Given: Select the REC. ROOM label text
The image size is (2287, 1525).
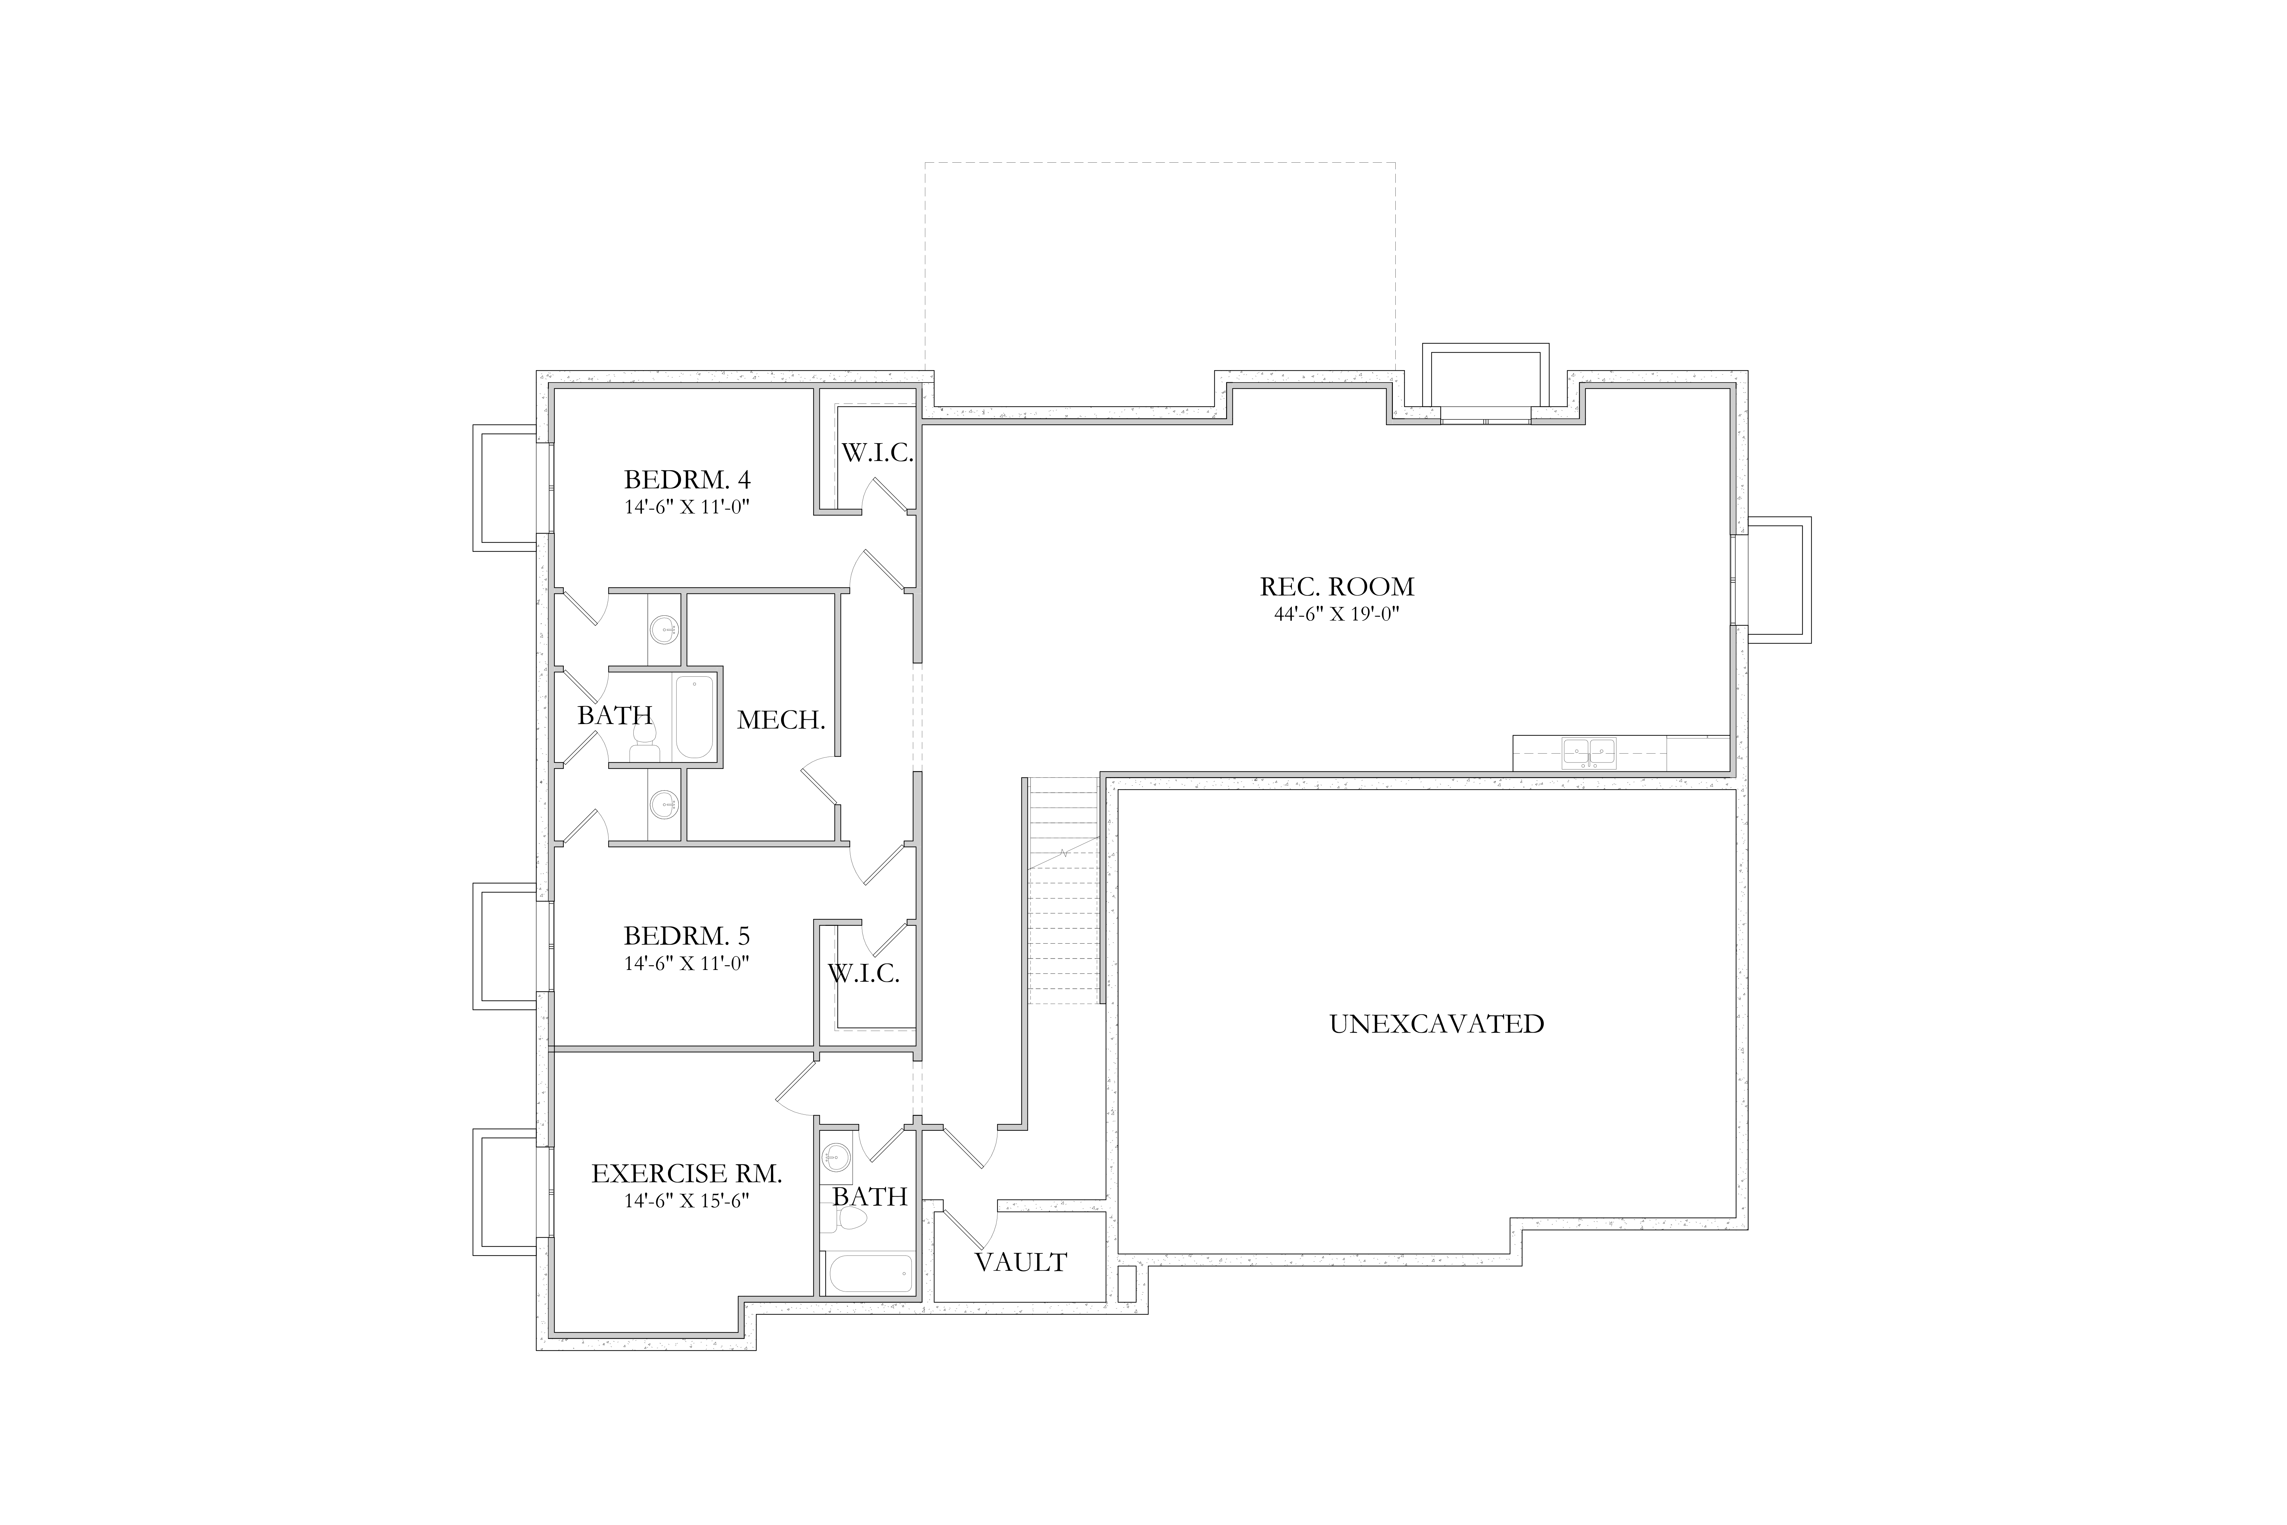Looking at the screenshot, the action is [1337, 586].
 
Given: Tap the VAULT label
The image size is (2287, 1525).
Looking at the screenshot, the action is [1021, 1262].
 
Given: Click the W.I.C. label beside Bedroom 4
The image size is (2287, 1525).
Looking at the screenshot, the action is [877, 453].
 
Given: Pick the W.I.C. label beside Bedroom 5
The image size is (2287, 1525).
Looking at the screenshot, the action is [863, 973].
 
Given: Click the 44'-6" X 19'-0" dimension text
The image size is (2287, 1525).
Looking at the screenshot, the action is [1337, 614].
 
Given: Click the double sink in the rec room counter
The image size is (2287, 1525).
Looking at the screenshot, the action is [1589, 754].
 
